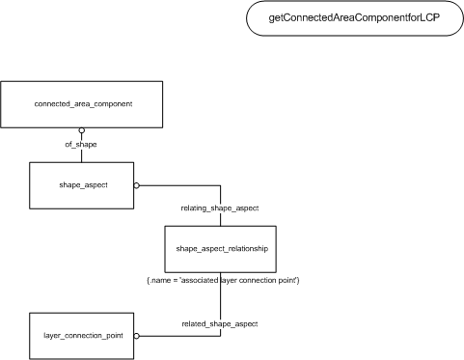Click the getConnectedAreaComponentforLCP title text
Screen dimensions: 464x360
pyautogui.click(x=354, y=17)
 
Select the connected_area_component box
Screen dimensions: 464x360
pyautogui.click(x=82, y=104)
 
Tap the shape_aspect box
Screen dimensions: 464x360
pyautogui.click(x=82, y=185)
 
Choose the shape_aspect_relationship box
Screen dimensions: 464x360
pyautogui.click(x=221, y=249)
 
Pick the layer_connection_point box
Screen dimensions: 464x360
pyautogui.click(x=82, y=336)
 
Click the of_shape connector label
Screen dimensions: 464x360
pyautogui.click(x=81, y=145)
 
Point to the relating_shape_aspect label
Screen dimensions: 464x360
pyautogui.click(x=220, y=208)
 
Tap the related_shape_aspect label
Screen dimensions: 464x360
pyautogui.click(x=220, y=323)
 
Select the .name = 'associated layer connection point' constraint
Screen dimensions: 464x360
pyautogui.click(x=223, y=280)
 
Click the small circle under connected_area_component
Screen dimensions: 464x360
pyautogui.click(x=82, y=130)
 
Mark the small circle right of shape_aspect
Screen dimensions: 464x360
pyautogui.click(x=137, y=185)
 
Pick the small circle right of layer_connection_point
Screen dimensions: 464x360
pyautogui.click(x=137, y=336)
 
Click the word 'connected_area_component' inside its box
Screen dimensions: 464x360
pyautogui.click(x=83, y=104)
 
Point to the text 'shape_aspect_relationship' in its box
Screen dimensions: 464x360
pyautogui.click(x=222, y=248)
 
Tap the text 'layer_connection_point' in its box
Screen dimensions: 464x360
pyautogui.click(x=83, y=336)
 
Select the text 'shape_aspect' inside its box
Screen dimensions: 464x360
pyautogui.click(x=83, y=185)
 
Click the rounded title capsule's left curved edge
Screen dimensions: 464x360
pyautogui.click(x=247, y=18)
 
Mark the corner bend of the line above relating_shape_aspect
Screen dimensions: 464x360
pyautogui.click(x=221, y=185)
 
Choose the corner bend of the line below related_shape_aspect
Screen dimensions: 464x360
pyautogui.click(x=221, y=336)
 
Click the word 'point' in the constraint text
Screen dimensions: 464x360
pyautogui.click(x=288, y=280)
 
